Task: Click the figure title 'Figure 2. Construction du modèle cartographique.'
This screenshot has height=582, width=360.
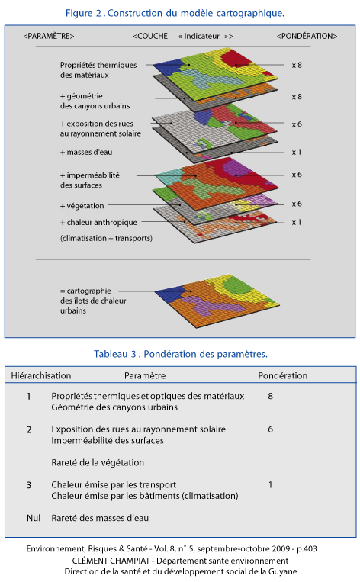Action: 175,14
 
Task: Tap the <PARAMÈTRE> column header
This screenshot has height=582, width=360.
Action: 49,36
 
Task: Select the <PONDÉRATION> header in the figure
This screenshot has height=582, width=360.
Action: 307,36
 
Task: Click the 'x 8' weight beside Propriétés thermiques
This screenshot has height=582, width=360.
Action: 297,66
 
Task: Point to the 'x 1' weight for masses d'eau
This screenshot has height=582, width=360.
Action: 297,153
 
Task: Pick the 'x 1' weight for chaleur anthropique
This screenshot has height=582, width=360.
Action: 297,222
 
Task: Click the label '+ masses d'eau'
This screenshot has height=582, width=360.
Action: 86,153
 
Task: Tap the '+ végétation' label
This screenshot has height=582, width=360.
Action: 82,206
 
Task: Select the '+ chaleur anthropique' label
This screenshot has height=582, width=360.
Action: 98,222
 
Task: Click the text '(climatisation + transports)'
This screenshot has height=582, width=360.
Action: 106,238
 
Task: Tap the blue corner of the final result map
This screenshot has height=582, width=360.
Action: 169,293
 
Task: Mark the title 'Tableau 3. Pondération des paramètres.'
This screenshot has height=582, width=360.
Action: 180,354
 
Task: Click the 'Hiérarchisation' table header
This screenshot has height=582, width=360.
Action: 41,375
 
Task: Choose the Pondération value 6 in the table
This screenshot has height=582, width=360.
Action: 271,429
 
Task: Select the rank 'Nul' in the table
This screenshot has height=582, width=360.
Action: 34,518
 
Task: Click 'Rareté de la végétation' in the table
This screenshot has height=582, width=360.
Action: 98,462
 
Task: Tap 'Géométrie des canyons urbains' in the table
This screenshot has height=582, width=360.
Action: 114,407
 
